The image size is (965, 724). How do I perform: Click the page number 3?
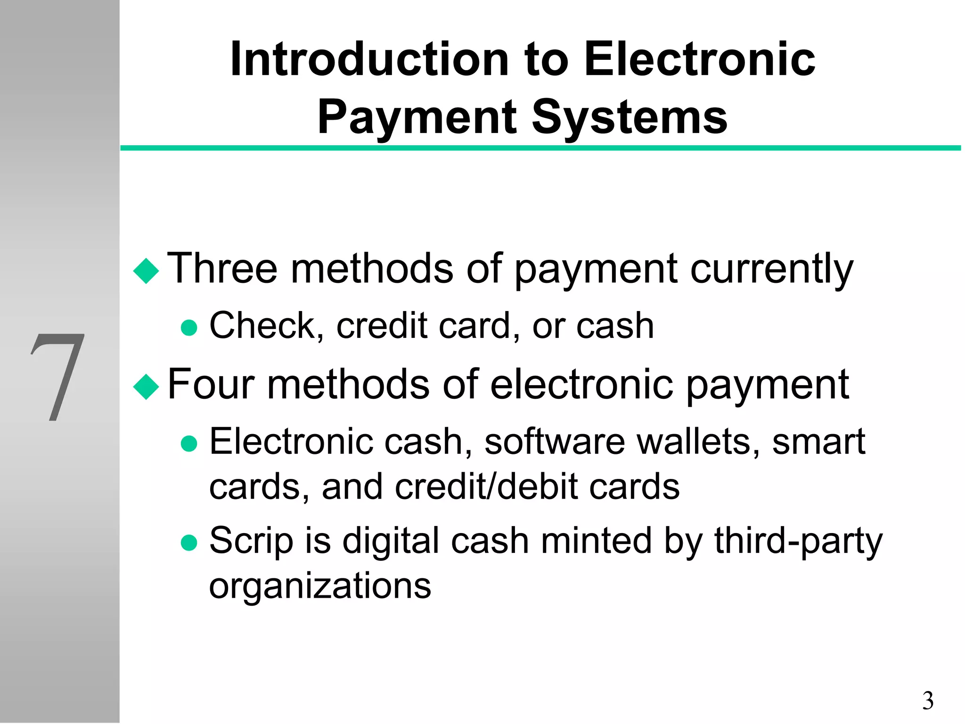[927, 701]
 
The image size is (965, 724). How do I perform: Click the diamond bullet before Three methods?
[146, 271]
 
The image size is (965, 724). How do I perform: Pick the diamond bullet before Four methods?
[146, 387]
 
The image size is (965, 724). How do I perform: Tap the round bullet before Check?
[189, 328]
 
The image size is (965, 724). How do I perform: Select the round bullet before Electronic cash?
[189, 444]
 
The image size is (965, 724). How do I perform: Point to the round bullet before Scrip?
[189, 543]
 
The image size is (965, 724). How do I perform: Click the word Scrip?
[251, 541]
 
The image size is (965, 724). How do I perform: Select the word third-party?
[798, 541]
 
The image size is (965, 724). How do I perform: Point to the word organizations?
[320, 586]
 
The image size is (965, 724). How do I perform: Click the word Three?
[222, 269]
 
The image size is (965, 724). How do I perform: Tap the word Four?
[212, 385]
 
